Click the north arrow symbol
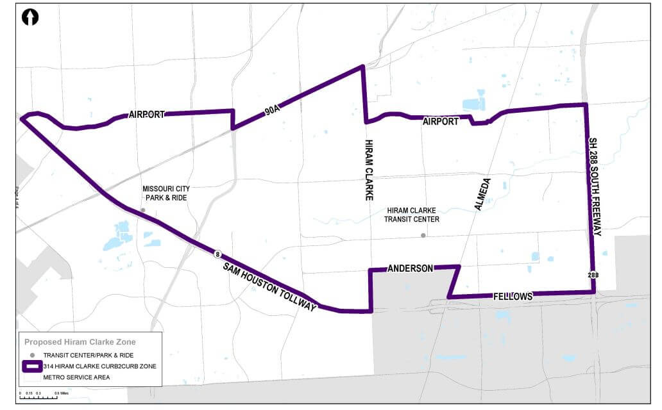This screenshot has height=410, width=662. (x=30, y=17)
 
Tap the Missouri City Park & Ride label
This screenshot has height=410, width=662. (x=166, y=193)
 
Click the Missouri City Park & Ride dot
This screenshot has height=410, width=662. (x=143, y=210)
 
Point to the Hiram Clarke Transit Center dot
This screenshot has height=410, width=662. (x=423, y=236)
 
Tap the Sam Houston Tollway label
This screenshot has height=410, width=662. (x=270, y=287)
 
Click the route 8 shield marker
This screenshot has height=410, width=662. (x=218, y=255)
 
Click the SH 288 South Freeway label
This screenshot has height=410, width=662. (x=595, y=186)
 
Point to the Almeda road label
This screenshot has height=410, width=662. (x=482, y=195)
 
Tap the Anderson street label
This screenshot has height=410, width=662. (x=410, y=268)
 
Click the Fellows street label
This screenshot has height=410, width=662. (x=513, y=297)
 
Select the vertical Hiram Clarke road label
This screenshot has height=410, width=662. (x=369, y=170)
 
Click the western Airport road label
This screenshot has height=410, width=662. (x=146, y=115)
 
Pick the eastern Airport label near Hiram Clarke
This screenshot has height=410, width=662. (x=441, y=121)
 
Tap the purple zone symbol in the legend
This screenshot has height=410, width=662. (x=31, y=366)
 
